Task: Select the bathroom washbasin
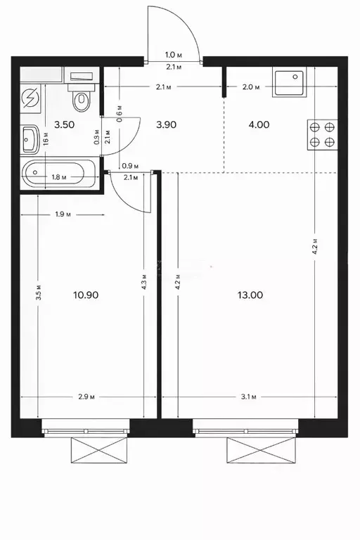(30, 139)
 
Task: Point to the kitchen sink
(289, 82)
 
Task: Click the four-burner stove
(322, 134)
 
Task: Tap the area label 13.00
(250, 295)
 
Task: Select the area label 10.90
(86, 295)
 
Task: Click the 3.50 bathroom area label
(65, 124)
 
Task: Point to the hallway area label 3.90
(166, 124)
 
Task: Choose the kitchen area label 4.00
(259, 124)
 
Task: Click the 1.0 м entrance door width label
(173, 55)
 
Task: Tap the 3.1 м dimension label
(249, 397)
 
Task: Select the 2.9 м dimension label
(86, 397)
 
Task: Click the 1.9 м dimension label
(63, 214)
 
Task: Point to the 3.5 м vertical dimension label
(39, 292)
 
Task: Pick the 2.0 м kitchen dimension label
(251, 87)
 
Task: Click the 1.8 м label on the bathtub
(59, 177)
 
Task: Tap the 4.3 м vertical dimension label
(144, 282)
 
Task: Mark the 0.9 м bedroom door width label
(130, 166)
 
